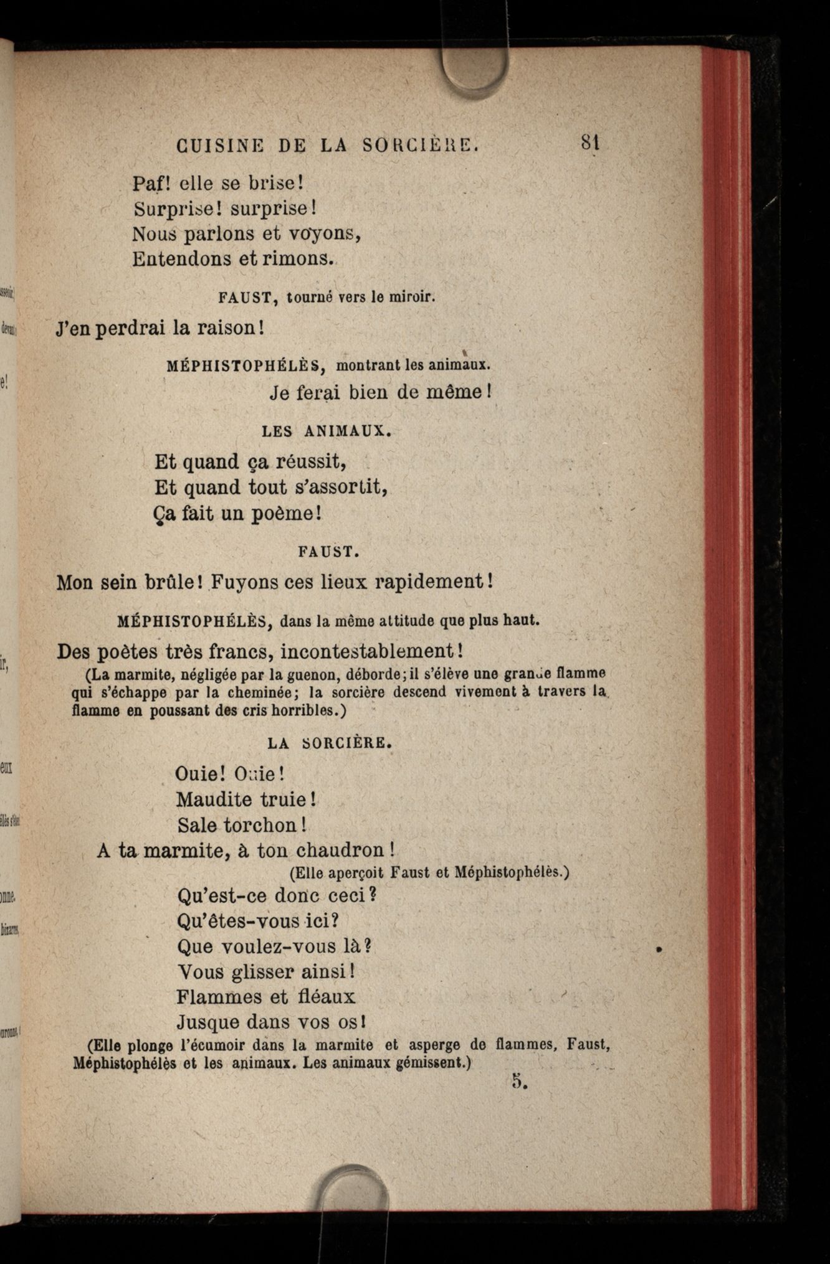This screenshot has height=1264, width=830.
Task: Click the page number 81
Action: (x=589, y=143)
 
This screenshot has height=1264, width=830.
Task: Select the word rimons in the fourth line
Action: (x=296, y=258)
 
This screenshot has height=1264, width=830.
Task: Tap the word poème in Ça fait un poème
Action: (x=287, y=514)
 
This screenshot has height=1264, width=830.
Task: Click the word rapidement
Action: (x=434, y=582)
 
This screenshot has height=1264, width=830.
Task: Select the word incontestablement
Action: (x=371, y=651)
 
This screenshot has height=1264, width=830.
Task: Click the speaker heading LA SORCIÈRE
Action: (x=330, y=743)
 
